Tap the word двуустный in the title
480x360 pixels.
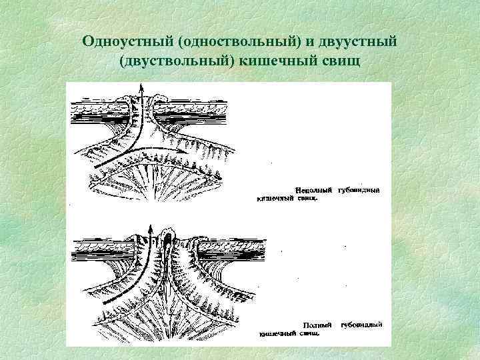(x=358, y=41)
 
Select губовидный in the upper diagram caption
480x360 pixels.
(x=359, y=189)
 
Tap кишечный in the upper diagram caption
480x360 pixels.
(x=273, y=197)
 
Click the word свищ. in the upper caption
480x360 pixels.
(x=307, y=197)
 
